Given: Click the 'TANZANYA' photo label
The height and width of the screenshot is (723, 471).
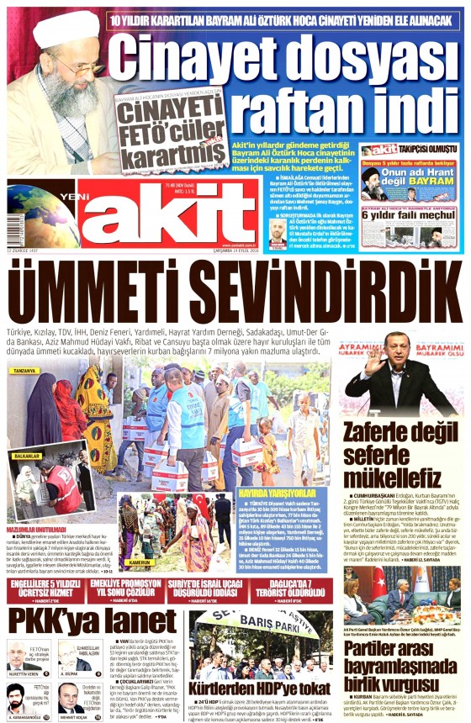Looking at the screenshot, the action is pos(26,371).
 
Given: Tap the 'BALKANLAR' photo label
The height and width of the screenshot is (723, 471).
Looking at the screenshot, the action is pos(27,456).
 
